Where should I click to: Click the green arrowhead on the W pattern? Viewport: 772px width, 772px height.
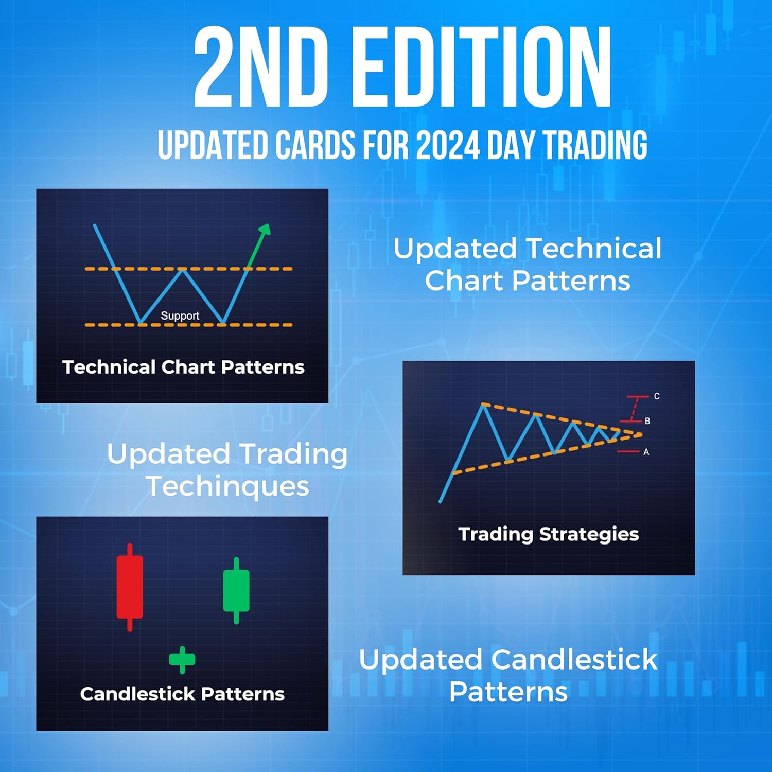[x=265, y=230]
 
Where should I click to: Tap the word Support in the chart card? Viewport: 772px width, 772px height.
[x=180, y=315]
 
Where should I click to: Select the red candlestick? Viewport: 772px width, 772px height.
[x=130, y=587]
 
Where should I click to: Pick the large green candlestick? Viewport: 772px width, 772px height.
[x=236, y=590]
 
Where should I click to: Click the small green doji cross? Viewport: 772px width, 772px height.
[x=182, y=660]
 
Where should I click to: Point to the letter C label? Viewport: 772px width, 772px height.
[x=657, y=396]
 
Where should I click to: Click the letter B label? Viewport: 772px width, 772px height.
[x=647, y=421]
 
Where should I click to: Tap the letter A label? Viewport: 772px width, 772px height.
[x=646, y=452]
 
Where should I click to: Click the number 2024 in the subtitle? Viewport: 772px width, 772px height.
[x=448, y=145]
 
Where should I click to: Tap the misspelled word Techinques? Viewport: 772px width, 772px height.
[x=228, y=486]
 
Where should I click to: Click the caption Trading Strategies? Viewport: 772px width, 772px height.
[x=549, y=535]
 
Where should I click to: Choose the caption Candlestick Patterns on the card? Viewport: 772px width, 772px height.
[x=182, y=694]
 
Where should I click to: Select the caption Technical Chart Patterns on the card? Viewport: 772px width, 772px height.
[x=183, y=367]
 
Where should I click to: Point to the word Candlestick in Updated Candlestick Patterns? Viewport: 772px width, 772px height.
[x=574, y=659]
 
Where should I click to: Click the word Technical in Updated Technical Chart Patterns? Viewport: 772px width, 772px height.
[x=594, y=249]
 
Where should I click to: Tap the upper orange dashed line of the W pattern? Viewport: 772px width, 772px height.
[x=189, y=269]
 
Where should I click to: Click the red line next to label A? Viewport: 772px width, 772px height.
[x=628, y=452]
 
